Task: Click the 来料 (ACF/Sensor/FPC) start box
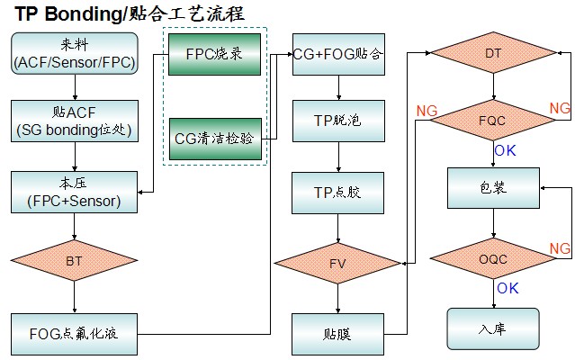pos(75,53)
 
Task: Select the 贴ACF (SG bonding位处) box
pos(75,121)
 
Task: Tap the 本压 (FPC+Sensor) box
pos(75,192)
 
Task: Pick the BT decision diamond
pos(75,261)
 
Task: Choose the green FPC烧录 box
pos(214,54)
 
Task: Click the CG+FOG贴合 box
pos(338,54)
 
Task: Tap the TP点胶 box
pos(338,192)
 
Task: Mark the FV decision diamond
pos(338,263)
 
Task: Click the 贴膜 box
pos(338,333)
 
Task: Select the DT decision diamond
pos(493,54)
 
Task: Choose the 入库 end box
pos(493,329)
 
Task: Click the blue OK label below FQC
pos(506,150)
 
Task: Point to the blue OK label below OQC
pos(508,288)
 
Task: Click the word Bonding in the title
pos(79,13)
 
